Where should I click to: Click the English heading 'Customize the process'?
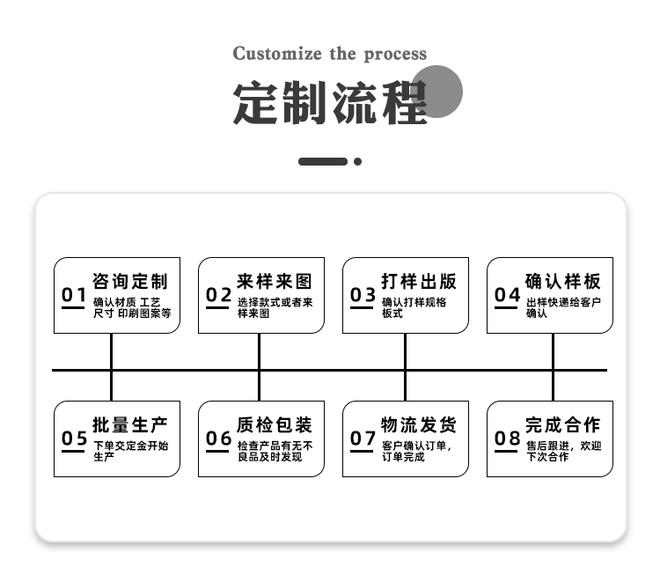tap(330, 55)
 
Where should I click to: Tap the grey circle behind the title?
tap(436, 92)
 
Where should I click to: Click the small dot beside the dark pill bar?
tap(358, 161)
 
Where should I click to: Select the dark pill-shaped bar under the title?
tap(323, 161)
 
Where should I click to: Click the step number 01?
tap(74, 294)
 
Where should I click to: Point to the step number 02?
tap(218, 294)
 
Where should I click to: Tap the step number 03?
tap(363, 294)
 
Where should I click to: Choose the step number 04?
tap(507, 294)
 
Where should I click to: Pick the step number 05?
tap(74, 439)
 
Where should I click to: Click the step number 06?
tap(218, 439)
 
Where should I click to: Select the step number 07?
tap(363, 439)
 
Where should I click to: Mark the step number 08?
tap(507, 439)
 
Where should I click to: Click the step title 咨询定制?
tap(130, 282)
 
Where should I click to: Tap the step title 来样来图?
tap(275, 282)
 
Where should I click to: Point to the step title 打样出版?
tap(419, 282)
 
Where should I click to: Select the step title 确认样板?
tap(563, 282)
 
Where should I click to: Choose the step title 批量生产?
tap(130, 425)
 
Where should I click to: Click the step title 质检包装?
tap(275, 425)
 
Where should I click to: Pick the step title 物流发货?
tap(419, 425)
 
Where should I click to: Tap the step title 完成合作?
tap(563, 425)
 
